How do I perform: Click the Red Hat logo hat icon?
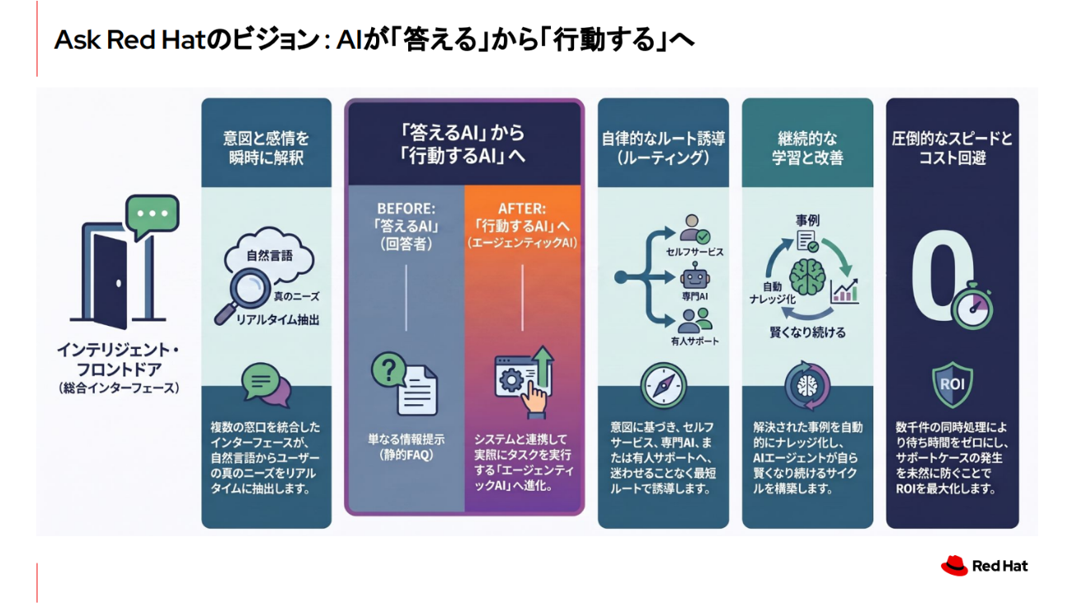click(x=954, y=566)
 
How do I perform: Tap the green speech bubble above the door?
click(x=153, y=216)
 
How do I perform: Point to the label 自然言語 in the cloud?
click(x=270, y=256)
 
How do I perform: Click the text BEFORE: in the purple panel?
click(x=407, y=209)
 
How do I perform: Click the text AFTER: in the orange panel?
click(x=522, y=209)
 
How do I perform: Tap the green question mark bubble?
click(x=388, y=369)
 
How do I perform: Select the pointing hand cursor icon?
click(x=534, y=401)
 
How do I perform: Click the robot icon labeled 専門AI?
click(x=695, y=277)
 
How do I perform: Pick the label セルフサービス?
click(x=694, y=252)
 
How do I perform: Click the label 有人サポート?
click(x=694, y=342)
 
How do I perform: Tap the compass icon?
click(x=663, y=386)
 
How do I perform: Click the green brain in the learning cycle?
click(x=807, y=276)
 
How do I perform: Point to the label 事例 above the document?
click(x=807, y=220)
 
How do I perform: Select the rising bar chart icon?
click(x=844, y=291)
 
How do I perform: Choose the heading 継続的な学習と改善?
click(x=807, y=148)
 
